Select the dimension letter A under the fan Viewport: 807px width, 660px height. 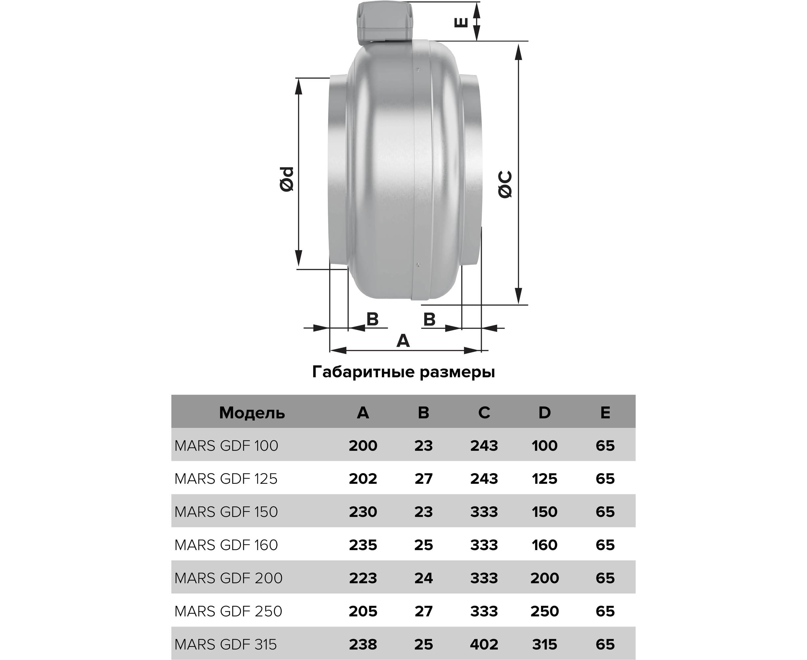point(403,341)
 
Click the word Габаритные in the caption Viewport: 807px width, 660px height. point(364,372)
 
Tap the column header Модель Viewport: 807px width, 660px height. point(252,413)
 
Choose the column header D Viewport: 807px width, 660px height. point(545,412)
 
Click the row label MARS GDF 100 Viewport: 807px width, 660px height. point(226,445)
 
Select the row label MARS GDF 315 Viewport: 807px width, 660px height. point(225,644)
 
